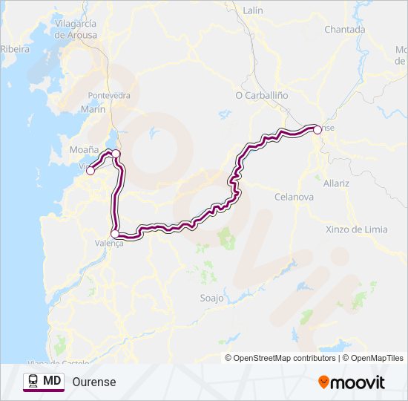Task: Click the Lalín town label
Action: click(x=253, y=10)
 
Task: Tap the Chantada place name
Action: click(x=344, y=30)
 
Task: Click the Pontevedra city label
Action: click(x=109, y=96)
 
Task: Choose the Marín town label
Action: click(x=94, y=109)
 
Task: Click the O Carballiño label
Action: click(x=261, y=96)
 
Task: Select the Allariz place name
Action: click(x=336, y=182)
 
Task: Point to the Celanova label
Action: click(x=295, y=198)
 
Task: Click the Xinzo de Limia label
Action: click(x=356, y=229)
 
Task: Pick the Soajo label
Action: click(x=211, y=298)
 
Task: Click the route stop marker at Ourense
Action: click(x=317, y=129)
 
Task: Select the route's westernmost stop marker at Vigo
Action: click(x=91, y=171)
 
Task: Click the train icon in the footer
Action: click(x=33, y=382)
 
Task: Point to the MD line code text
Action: click(x=52, y=382)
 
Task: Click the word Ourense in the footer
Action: click(x=94, y=382)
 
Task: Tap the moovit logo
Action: click(x=352, y=382)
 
